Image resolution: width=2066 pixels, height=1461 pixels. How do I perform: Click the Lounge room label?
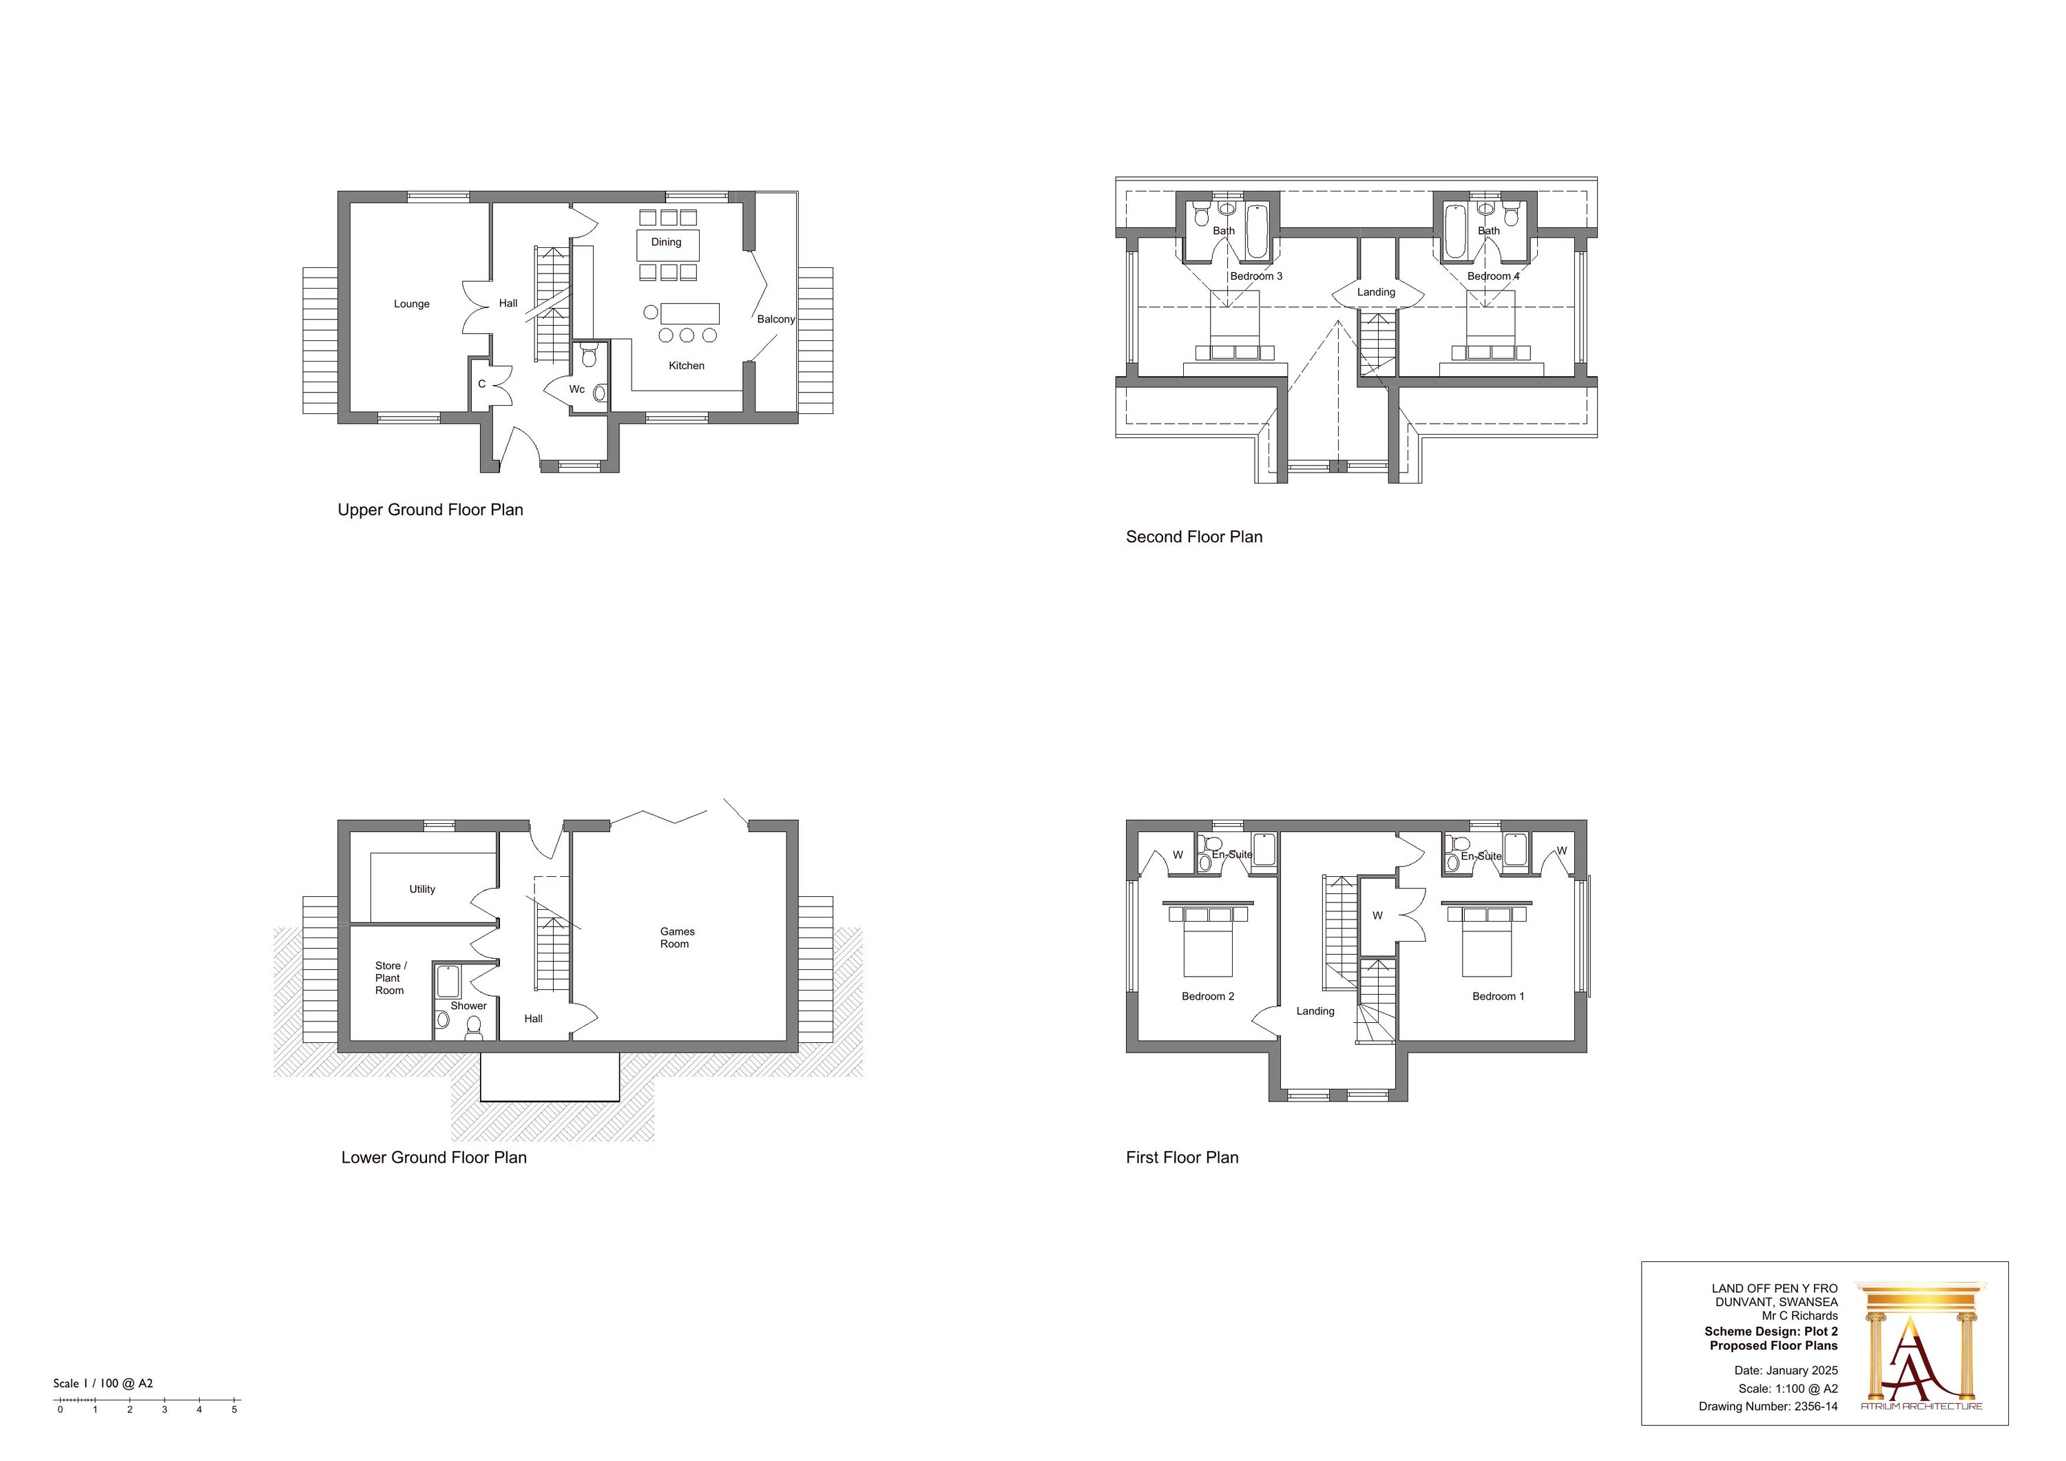pyautogui.click(x=411, y=304)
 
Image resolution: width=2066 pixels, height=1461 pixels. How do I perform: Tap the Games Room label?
pyautogui.click(x=677, y=938)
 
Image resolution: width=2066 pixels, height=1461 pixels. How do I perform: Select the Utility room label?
pyautogui.click(x=422, y=889)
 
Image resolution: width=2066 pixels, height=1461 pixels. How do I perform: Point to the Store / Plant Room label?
pyautogui.click(x=390, y=979)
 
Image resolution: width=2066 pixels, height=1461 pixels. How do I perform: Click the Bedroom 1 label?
pyautogui.click(x=1499, y=997)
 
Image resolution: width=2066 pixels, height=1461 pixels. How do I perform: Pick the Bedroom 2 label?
pyautogui.click(x=1207, y=997)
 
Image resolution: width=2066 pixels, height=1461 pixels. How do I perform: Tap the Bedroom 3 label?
pyautogui.click(x=1256, y=276)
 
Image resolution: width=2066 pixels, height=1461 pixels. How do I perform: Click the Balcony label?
pyautogui.click(x=775, y=320)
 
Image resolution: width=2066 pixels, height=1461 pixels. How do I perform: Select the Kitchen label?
pyautogui.click(x=687, y=366)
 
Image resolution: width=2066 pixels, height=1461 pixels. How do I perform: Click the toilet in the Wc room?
pyautogui.click(x=589, y=358)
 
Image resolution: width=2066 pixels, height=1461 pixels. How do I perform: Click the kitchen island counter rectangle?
pyautogui.click(x=690, y=313)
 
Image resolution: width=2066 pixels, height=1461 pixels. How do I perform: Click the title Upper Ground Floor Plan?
pyautogui.click(x=430, y=510)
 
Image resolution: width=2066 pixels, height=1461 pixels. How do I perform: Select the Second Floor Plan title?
pyautogui.click(x=1194, y=537)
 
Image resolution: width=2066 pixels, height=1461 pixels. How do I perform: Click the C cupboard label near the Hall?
pyautogui.click(x=481, y=384)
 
